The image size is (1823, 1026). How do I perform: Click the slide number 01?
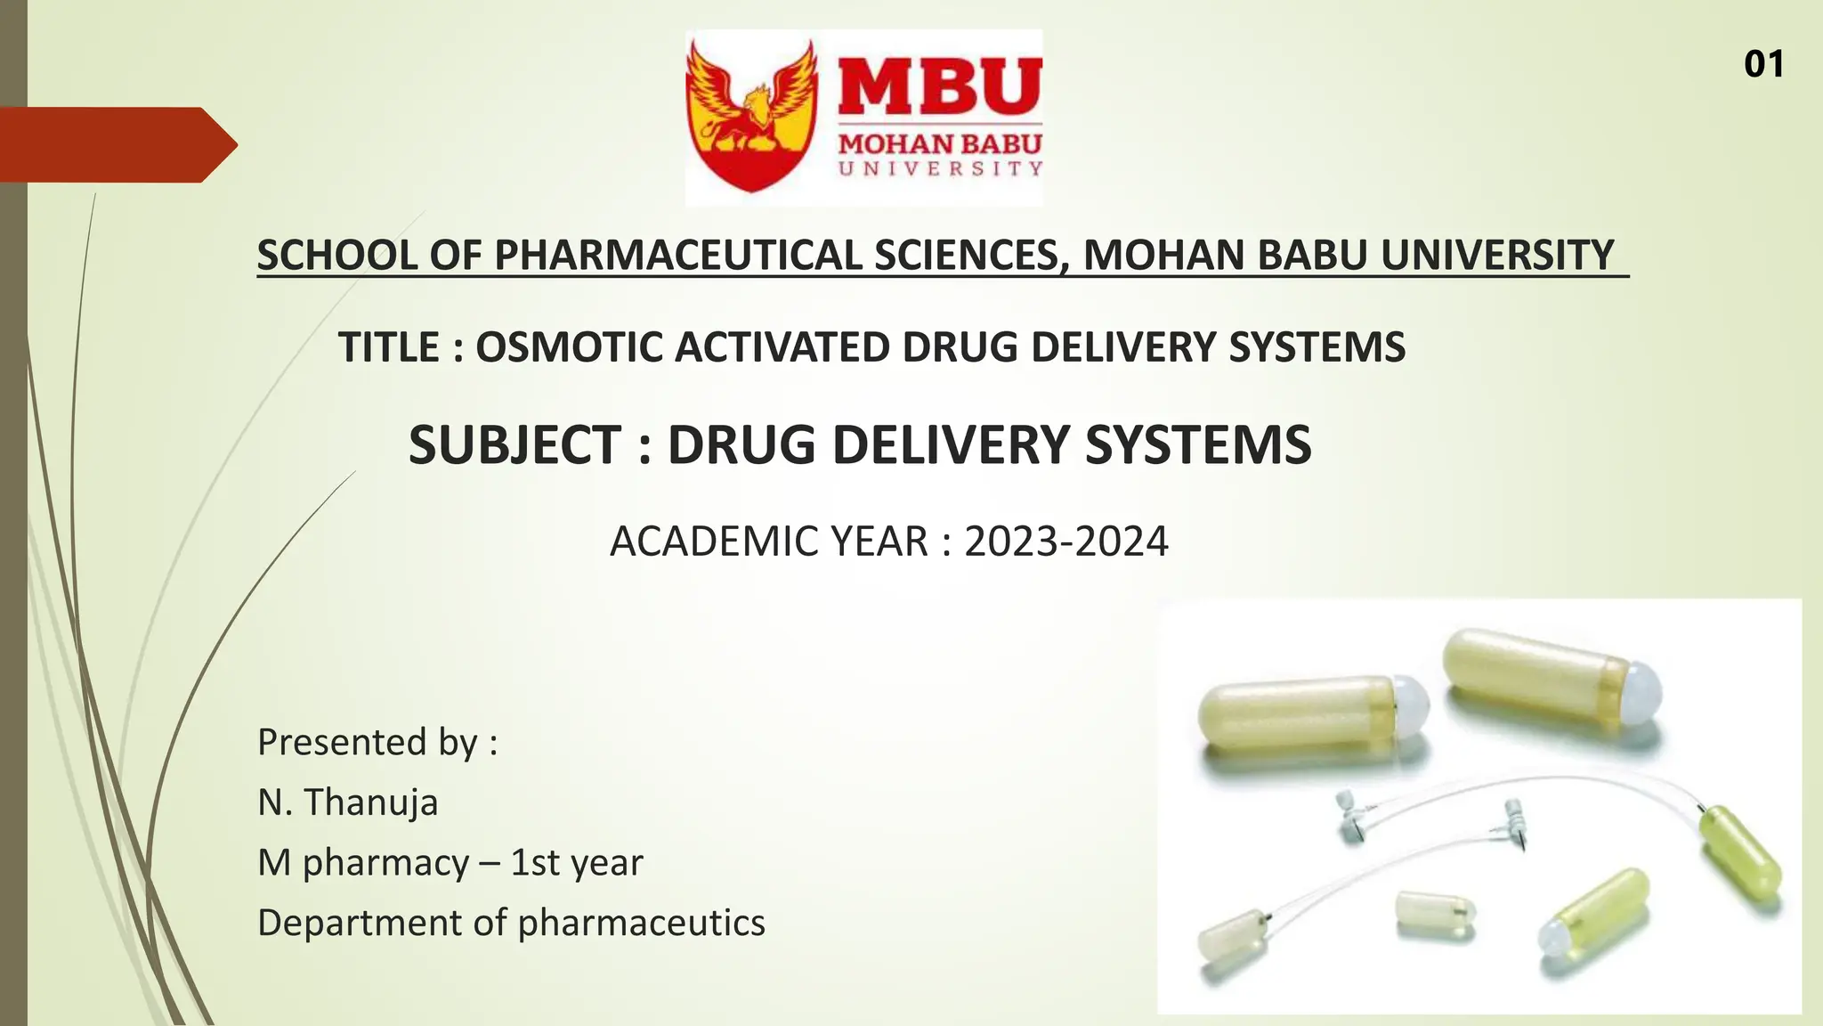[1763, 64]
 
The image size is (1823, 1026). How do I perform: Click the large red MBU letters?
[940, 86]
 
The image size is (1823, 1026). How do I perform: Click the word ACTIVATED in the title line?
[782, 347]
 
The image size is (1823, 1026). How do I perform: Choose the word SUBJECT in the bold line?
[514, 444]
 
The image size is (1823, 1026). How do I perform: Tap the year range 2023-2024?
[1065, 541]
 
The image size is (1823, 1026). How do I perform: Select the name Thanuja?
[371, 802]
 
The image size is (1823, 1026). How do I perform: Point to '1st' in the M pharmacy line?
[534, 863]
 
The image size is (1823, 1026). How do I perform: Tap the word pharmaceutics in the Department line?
[641, 923]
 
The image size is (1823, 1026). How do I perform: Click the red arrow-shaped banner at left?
[116, 144]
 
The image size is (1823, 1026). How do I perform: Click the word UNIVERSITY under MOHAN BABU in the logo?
[940, 168]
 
